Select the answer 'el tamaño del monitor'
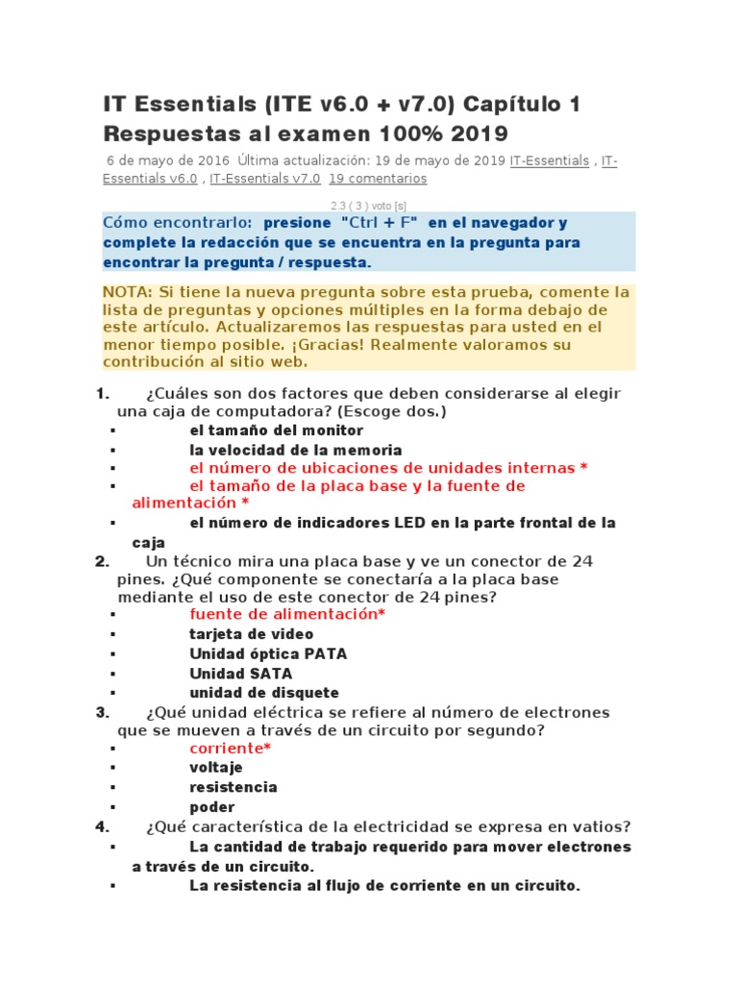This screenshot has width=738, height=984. [276, 430]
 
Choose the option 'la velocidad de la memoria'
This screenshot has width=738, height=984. [295, 450]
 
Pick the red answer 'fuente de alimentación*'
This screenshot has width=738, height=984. [287, 614]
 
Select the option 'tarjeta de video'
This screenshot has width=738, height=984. [251, 634]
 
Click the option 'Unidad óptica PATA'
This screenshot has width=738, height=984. [268, 653]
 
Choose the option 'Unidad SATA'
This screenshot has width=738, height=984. [240, 674]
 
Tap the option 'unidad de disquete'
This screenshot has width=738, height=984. [263, 693]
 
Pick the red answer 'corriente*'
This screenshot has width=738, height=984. [230, 748]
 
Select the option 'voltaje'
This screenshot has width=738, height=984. [216, 767]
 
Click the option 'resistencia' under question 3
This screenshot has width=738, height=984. [233, 787]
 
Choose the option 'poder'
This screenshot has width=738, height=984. [211, 807]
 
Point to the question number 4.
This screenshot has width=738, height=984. [102, 827]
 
